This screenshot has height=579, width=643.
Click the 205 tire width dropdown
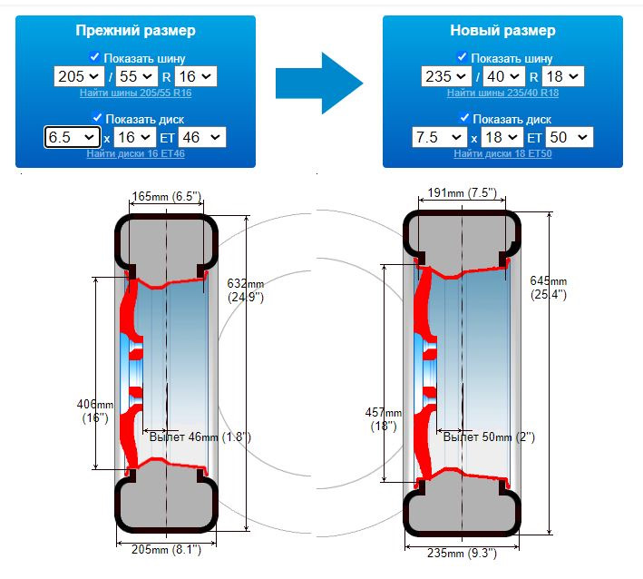coord(78,76)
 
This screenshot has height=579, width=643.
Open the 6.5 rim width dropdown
coord(73,137)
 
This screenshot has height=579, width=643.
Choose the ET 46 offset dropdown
coord(201,137)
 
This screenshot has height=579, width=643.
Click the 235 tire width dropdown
coord(445,76)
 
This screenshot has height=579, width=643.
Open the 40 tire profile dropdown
coord(502,76)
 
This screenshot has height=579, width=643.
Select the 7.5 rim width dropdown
coord(439,137)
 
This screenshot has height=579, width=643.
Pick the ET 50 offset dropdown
coord(570,137)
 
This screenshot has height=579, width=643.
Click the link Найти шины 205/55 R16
coord(136,93)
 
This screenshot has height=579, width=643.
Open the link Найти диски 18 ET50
coord(502,153)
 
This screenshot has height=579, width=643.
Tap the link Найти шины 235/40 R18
coord(502,93)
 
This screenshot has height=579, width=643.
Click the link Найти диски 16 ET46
coord(136,153)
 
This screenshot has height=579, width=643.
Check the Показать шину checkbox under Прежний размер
coord(94,56)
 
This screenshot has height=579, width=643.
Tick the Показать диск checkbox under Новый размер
coord(463,118)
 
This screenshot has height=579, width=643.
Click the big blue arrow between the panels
coord(319,83)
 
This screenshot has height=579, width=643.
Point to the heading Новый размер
coord(502,30)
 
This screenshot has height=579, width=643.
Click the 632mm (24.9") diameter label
coord(246,289)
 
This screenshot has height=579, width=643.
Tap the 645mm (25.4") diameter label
coord(549,288)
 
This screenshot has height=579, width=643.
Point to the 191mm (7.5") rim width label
coord(463,193)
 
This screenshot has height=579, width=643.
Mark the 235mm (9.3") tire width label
coord(463,554)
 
